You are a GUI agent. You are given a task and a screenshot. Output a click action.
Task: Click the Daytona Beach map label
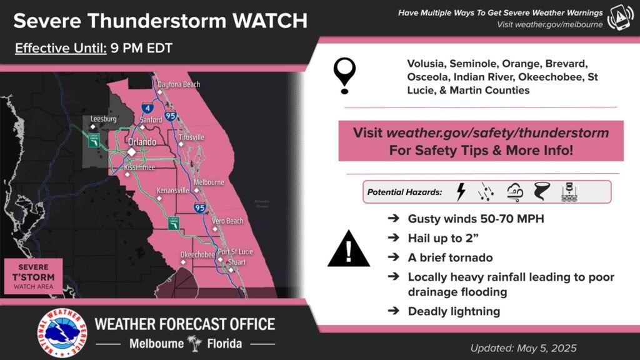179,84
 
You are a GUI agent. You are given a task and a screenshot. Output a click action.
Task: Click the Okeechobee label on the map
197,255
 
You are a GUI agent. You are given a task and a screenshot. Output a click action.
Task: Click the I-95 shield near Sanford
171,116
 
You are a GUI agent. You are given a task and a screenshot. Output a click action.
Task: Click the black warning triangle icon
349,249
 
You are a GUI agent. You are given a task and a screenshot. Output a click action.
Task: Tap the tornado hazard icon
541,192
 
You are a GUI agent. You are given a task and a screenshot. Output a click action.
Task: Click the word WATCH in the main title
269,20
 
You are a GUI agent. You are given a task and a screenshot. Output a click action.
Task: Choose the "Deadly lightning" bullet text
453,311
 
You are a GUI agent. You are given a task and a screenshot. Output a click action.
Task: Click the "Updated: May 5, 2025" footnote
523,348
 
